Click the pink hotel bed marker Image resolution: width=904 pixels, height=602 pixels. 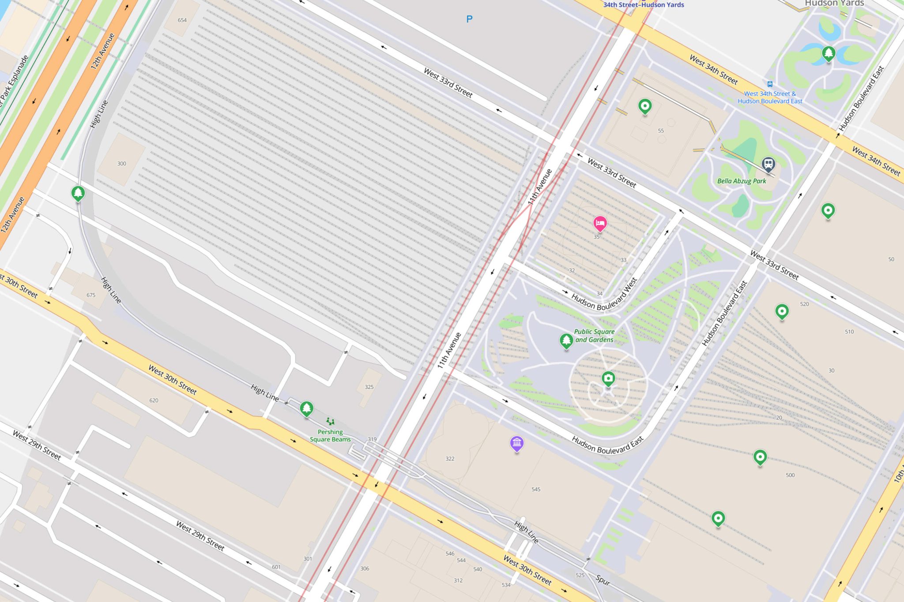[x=599, y=224]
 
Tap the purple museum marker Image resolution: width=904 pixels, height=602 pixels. [x=516, y=443]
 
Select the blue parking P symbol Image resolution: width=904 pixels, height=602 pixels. [x=469, y=19]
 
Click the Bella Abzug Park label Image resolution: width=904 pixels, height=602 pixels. [x=742, y=181]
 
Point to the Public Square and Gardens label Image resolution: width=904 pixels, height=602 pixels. [x=594, y=336]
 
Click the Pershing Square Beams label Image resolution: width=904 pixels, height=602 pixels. [x=330, y=436]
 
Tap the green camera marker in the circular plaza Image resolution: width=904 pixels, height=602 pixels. [x=608, y=378]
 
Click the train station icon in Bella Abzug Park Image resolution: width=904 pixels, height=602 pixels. [x=768, y=164]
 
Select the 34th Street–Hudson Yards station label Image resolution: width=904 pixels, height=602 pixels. [x=644, y=5]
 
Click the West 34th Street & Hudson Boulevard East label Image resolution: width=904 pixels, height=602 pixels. [x=770, y=97]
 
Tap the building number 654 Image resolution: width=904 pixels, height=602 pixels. [x=182, y=20]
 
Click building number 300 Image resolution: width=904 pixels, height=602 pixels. [x=121, y=164]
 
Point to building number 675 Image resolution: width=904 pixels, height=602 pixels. [x=91, y=295]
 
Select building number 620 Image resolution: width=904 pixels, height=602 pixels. [x=154, y=400]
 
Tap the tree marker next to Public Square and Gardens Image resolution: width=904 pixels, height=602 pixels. [x=566, y=340]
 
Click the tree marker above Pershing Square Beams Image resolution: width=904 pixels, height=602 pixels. [x=306, y=408]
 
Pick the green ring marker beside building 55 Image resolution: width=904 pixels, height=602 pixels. [x=645, y=106]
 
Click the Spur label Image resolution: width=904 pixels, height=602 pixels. [x=603, y=580]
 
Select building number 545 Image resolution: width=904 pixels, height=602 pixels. [x=536, y=489]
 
